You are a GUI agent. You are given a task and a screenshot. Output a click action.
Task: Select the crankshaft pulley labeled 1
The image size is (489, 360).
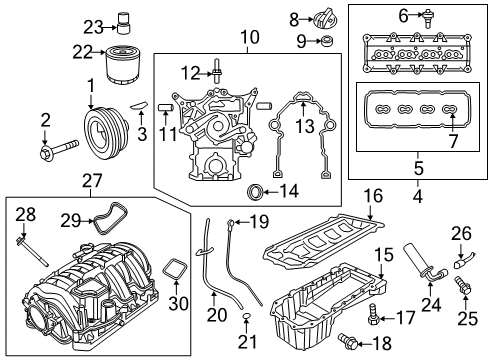pyautogui.click(x=103, y=132)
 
